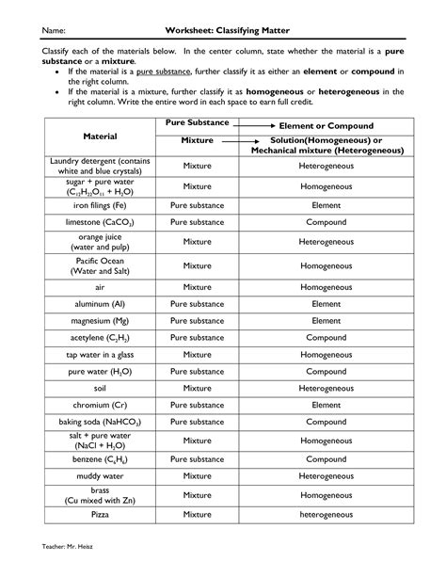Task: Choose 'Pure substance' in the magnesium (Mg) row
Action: tap(198, 321)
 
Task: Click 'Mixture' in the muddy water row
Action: tap(198, 477)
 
